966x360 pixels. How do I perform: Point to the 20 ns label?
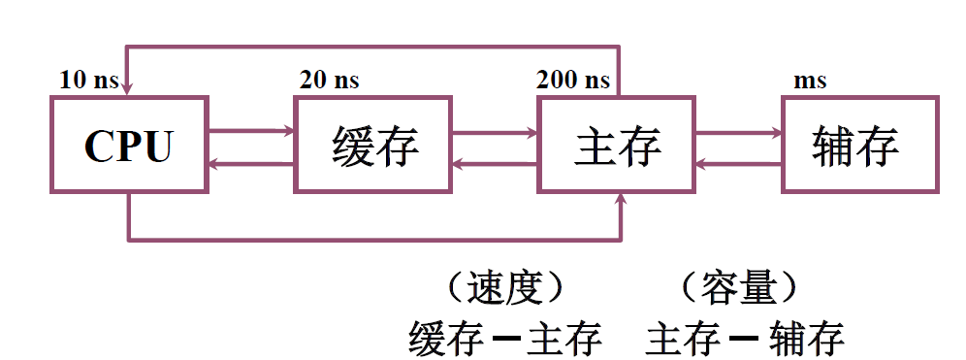tap(329, 80)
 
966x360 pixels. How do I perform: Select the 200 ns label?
tap(573, 80)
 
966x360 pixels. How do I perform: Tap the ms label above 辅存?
tap(810, 81)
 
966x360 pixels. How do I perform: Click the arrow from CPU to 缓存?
tap(251, 130)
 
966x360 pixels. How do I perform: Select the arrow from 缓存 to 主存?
tap(495, 130)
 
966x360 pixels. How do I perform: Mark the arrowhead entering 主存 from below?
tap(619, 199)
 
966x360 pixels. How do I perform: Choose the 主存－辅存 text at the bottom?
tap(745, 339)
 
